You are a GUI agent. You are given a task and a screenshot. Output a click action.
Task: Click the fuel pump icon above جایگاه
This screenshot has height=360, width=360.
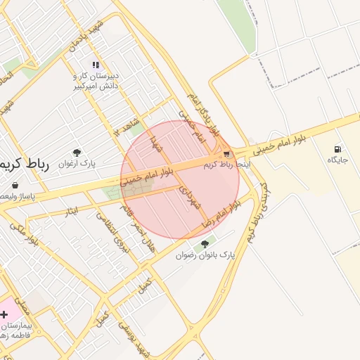point(339,149)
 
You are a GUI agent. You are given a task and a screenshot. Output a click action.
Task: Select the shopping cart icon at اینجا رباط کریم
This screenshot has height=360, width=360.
point(226,154)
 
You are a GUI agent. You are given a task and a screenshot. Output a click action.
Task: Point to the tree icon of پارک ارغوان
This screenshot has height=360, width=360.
point(77,152)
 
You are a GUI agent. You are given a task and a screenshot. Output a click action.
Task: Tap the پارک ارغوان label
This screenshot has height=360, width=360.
point(78,163)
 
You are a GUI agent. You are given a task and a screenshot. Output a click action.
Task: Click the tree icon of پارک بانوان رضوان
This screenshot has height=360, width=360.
point(205,244)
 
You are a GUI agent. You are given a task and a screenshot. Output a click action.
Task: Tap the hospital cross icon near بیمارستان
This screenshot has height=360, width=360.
point(4,314)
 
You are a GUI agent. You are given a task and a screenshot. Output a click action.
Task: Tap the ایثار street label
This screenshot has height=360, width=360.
point(65,209)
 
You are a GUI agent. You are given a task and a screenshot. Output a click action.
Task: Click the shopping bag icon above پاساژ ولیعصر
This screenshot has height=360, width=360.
point(14,185)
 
